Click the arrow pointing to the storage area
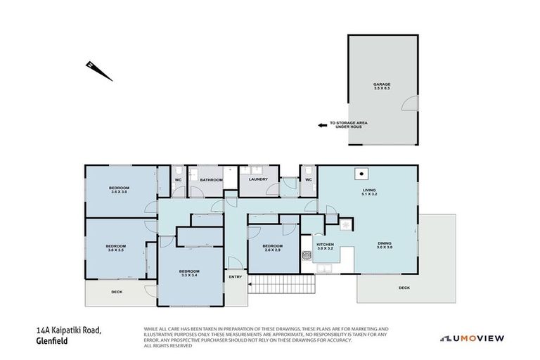(x=323, y=124)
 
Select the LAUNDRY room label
(x=258, y=179)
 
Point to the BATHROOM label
(x=211, y=180)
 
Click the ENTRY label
(x=235, y=276)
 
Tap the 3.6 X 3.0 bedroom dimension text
(x=118, y=191)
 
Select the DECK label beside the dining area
(x=404, y=287)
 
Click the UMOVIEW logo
(x=472, y=338)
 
